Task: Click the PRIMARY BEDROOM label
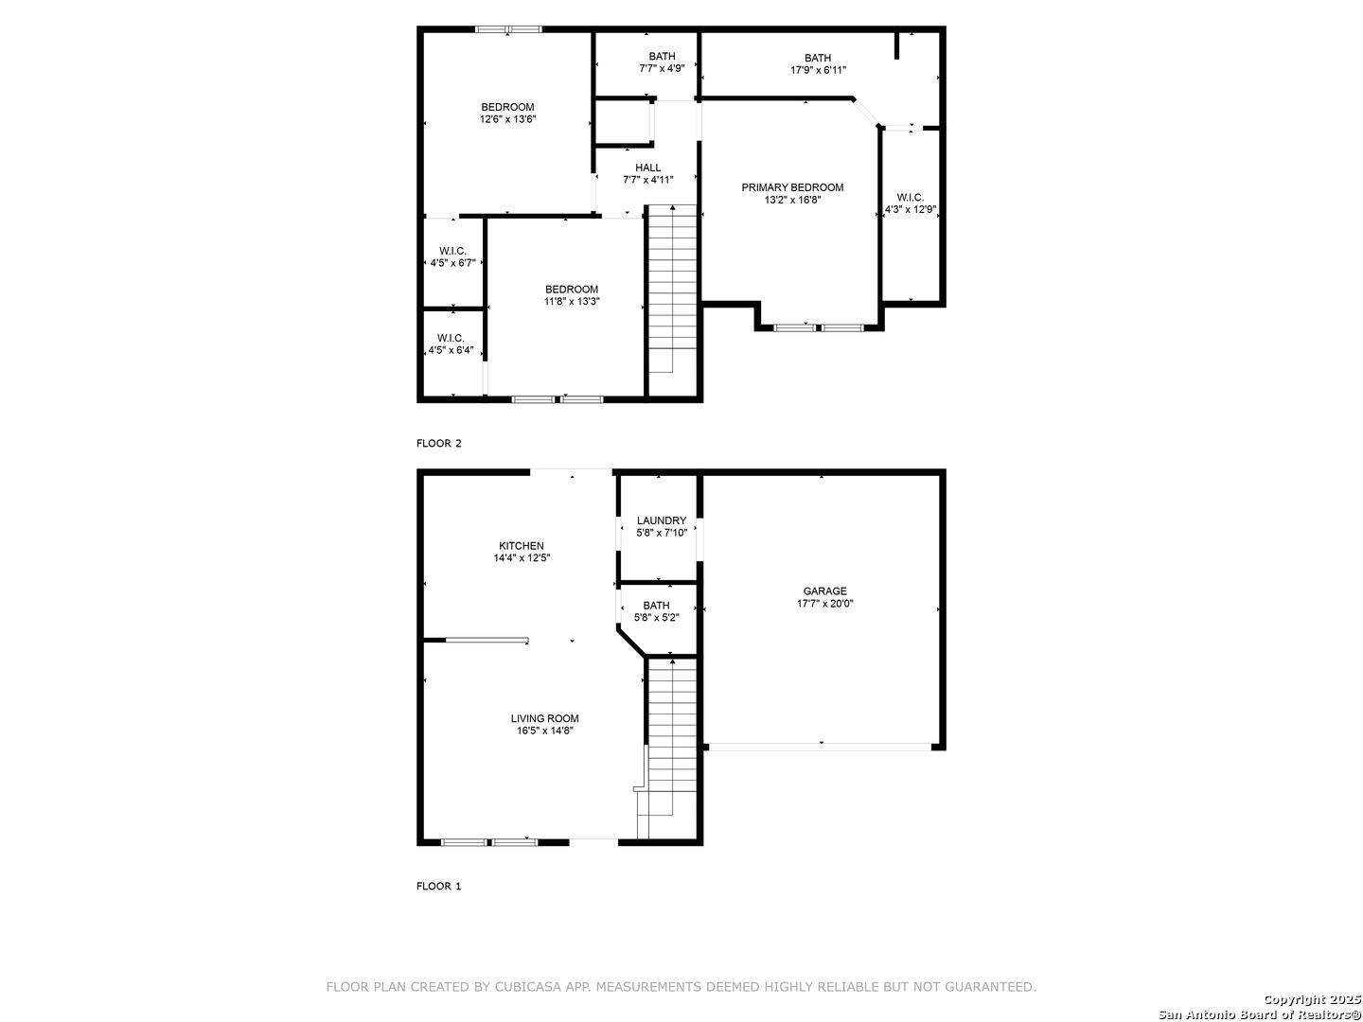coord(791,187)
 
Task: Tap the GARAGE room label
coord(824,591)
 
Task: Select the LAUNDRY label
coord(661,520)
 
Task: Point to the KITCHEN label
coord(521,546)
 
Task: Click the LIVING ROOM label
coord(544,718)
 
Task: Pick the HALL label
coord(647,168)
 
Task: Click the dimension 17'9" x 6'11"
coord(818,71)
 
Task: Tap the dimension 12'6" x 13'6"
coord(507,119)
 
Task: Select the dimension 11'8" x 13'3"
coord(572,302)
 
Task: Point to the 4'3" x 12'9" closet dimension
coord(910,210)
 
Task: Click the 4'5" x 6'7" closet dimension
coord(452,263)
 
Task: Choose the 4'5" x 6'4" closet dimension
coord(451,350)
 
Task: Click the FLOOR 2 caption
coord(438,444)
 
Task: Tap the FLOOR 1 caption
coord(438,887)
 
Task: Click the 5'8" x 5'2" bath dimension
coord(656,618)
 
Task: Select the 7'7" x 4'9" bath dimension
coord(662,69)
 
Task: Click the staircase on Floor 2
coord(672,289)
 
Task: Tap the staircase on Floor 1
coord(667,748)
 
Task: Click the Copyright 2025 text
coord(1312,999)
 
